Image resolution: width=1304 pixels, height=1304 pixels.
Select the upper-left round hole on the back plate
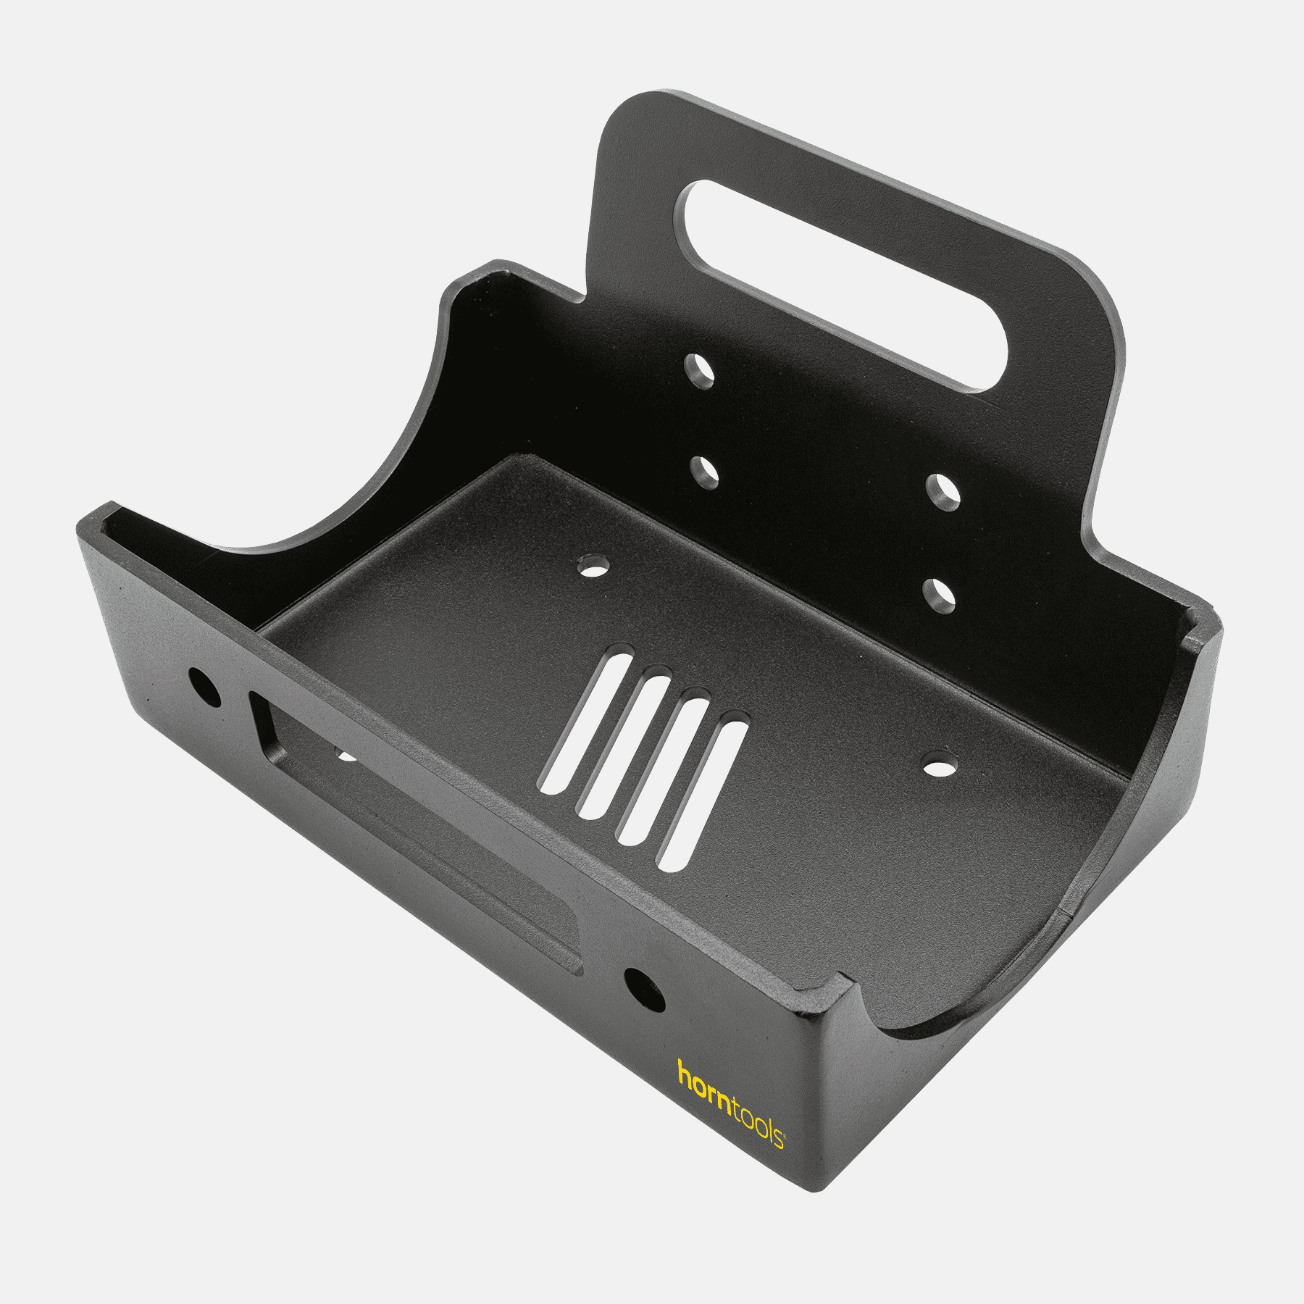coord(699,371)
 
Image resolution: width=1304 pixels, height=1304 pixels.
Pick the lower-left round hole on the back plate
coord(704,472)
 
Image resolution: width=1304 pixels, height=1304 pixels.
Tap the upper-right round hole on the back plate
coord(943,493)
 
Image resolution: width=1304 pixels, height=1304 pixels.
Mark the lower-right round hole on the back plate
coord(940,596)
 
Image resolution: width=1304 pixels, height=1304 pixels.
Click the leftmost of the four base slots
coord(586,721)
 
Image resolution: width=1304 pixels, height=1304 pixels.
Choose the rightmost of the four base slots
coord(702,795)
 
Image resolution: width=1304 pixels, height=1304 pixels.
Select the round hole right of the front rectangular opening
coord(644,990)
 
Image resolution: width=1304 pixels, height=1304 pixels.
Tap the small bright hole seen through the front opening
coord(347,756)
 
